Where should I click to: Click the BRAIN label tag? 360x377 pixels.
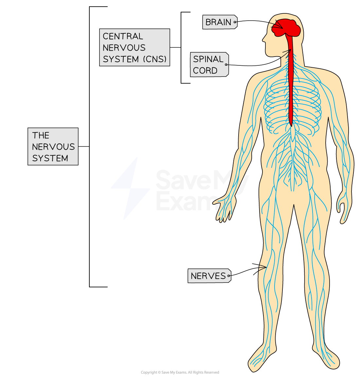click(x=220, y=22)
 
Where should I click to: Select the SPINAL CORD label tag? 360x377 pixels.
click(x=209, y=64)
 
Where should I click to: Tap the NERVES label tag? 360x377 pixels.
click(x=209, y=276)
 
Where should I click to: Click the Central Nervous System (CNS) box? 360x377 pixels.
click(x=135, y=47)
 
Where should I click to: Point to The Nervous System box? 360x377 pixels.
click(x=53, y=146)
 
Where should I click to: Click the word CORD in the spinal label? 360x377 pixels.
click(x=205, y=70)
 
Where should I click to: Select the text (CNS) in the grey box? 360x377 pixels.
click(x=155, y=59)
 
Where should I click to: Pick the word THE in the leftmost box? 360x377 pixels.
click(x=41, y=135)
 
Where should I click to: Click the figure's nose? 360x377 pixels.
click(x=264, y=39)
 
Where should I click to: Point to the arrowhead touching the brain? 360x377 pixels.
click(x=279, y=26)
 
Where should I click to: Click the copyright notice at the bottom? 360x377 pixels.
click(x=180, y=372)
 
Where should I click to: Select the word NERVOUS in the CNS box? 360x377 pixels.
click(x=124, y=48)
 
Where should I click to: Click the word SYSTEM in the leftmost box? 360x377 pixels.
click(x=50, y=158)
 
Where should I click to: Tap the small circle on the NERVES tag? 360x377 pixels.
click(x=229, y=276)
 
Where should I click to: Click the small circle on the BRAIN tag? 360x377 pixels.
click(x=235, y=22)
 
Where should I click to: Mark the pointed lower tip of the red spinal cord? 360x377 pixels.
click(x=291, y=126)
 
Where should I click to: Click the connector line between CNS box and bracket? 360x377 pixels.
click(x=175, y=47)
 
